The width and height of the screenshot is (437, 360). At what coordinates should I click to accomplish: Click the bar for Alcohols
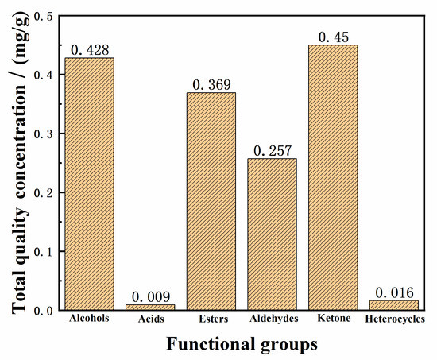pyautogui.click(x=89, y=184)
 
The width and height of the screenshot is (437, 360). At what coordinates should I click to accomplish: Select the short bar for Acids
pyautogui.click(x=150, y=307)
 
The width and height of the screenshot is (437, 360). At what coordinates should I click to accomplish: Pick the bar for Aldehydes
pyautogui.click(x=273, y=234)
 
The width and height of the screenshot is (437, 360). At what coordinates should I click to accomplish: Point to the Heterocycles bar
pyautogui.click(x=395, y=305)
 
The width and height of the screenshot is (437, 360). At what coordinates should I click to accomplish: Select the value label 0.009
pyautogui.click(x=150, y=297)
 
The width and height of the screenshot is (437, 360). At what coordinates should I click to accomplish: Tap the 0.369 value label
pyautogui.click(x=211, y=85)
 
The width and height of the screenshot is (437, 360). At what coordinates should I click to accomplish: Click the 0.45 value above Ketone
pyautogui.click(x=334, y=37)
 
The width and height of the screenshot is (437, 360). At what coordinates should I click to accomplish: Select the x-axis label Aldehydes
pyautogui.click(x=273, y=319)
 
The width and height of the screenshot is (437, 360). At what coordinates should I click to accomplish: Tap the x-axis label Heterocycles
pyautogui.click(x=395, y=319)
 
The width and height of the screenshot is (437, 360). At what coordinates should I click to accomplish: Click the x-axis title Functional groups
pyautogui.click(x=242, y=345)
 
